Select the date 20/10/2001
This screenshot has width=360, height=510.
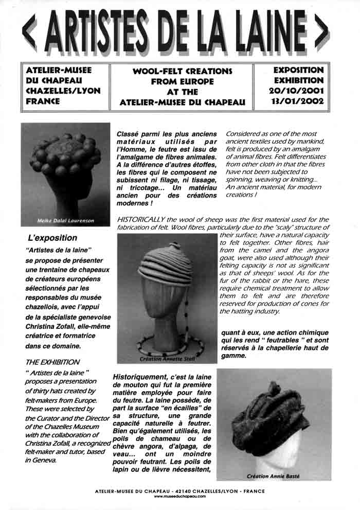[x=298, y=91]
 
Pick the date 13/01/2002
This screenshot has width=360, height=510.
[x=298, y=101]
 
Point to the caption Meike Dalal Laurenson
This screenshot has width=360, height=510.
[x=65, y=221]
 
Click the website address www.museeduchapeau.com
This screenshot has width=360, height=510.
[x=180, y=496]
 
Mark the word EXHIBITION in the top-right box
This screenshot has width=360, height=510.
[x=298, y=80]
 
